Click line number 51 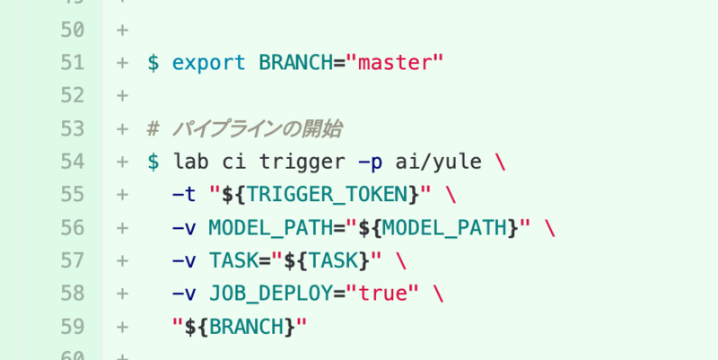(x=72, y=63)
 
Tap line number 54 (x=72, y=162)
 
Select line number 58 (x=72, y=294)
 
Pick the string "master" (x=396, y=63)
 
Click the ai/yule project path (x=438, y=162)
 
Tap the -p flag (x=370, y=162)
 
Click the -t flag (x=184, y=195)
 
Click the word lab (x=190, y=162)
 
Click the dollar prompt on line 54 (x=153, y=162)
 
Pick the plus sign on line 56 (x=122, y=228)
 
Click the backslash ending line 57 (x=400, y=260)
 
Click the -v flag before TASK (x=184, y=260)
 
